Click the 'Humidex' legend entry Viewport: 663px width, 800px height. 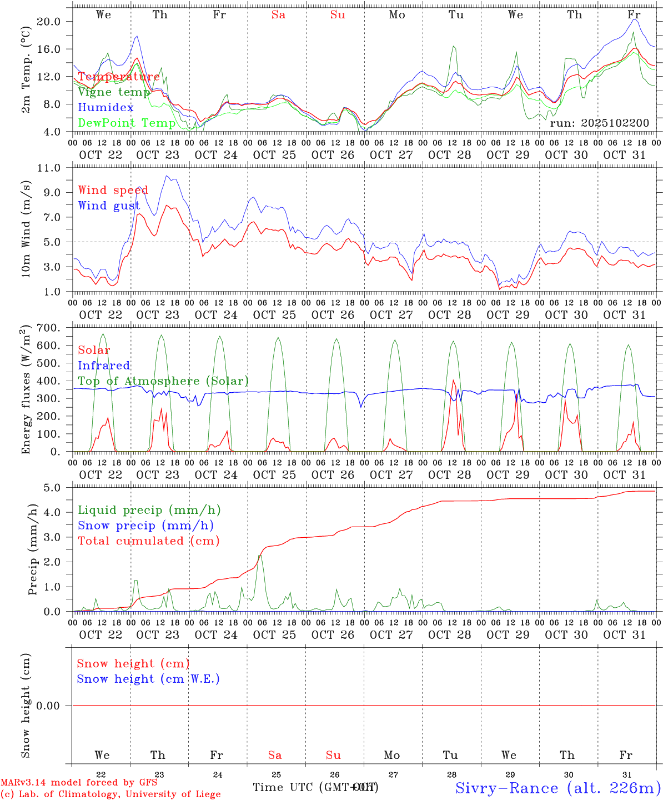[106, 108]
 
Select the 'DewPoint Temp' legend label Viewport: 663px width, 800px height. [127, 123]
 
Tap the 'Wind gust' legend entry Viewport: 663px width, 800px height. [109, 206]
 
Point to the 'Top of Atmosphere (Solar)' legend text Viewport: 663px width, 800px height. [163, 381]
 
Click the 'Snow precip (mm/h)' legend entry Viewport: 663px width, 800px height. [145, 525]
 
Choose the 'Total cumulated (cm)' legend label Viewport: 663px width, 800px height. [148, 541]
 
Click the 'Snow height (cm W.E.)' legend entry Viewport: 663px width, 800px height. [148, 679]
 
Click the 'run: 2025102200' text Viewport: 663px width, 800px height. [599, 123]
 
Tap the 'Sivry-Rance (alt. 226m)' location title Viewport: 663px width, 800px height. [557, 787]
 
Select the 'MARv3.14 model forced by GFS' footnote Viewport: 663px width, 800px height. [79, 782]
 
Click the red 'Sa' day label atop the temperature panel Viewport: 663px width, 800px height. [278, 15]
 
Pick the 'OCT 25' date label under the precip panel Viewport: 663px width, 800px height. [274, 634]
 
